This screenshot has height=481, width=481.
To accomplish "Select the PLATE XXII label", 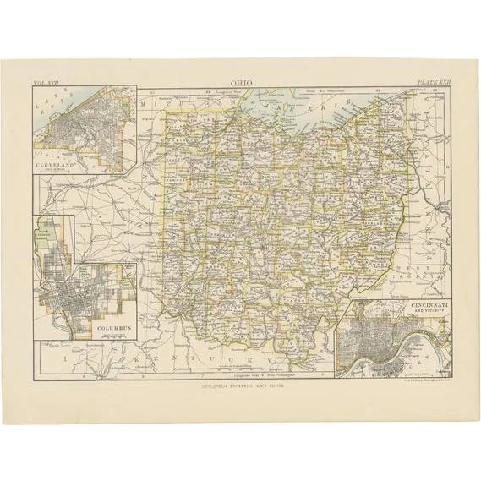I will tap(431, 83).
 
